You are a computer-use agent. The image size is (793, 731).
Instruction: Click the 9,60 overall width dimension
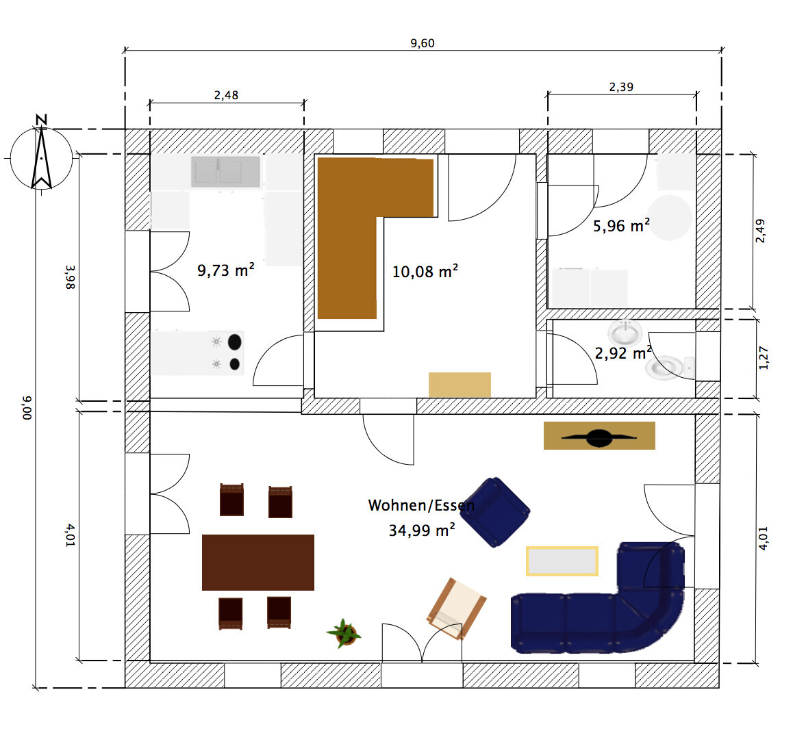coord(423,44)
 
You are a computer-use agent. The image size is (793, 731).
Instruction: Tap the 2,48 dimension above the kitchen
coord(226,96)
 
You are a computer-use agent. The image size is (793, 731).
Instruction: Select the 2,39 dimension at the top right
coord(621,87)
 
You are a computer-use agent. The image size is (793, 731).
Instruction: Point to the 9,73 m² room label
coord(225,270)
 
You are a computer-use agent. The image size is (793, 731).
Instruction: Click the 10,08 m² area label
coord(425,272)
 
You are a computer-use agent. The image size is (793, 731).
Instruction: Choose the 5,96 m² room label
coord(621,225)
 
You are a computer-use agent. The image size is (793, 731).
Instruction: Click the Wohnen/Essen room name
coord(421,505)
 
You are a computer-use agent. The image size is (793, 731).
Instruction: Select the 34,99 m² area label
coord(422,530)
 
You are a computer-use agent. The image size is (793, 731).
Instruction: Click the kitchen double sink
coord(225,172)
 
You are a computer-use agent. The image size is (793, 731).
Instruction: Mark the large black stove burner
coord(235,342)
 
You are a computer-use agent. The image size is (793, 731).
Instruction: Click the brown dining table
coord(258,562)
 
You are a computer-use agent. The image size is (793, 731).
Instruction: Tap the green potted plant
coord(344,633)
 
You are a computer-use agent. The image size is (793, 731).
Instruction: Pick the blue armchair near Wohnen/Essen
coord(495,512)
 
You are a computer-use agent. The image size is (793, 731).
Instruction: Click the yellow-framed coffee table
coord(562,561)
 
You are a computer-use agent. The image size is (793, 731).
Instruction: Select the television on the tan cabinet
coord(599,437)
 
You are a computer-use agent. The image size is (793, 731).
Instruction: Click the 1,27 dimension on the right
coord(764,358)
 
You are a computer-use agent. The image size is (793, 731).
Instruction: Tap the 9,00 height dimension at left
coord(27,408)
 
